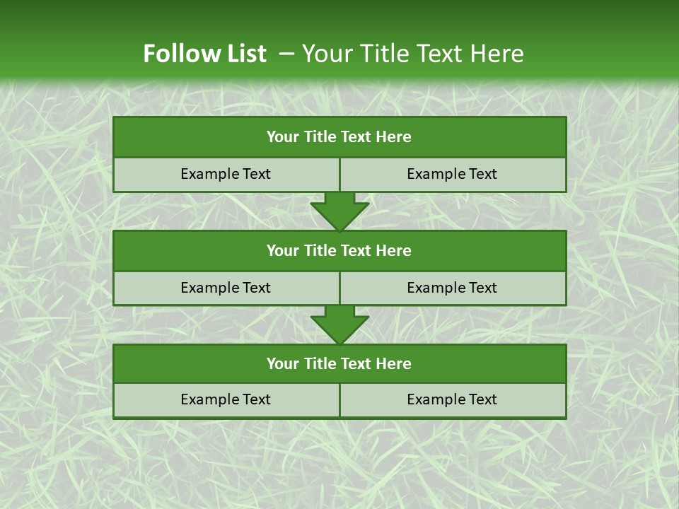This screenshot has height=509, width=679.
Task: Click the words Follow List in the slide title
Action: coord(204,54)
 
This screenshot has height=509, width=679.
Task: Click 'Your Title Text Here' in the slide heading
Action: coord(412,54)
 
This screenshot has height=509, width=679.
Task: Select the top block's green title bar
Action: coord(339,137)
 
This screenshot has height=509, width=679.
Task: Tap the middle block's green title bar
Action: coord(339,251)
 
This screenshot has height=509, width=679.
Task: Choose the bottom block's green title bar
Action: coord(339,364)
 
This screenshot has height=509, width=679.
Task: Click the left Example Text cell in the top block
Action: coord(226,175)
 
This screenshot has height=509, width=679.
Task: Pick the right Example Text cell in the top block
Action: coord(452,175)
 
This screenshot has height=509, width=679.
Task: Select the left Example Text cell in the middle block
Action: coord(226,288)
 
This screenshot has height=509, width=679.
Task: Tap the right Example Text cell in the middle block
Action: coord(452,288)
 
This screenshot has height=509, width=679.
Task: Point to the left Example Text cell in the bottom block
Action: coord(226,400)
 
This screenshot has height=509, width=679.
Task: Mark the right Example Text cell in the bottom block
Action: coord(452,400)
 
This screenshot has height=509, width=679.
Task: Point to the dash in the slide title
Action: coord(286,54)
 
